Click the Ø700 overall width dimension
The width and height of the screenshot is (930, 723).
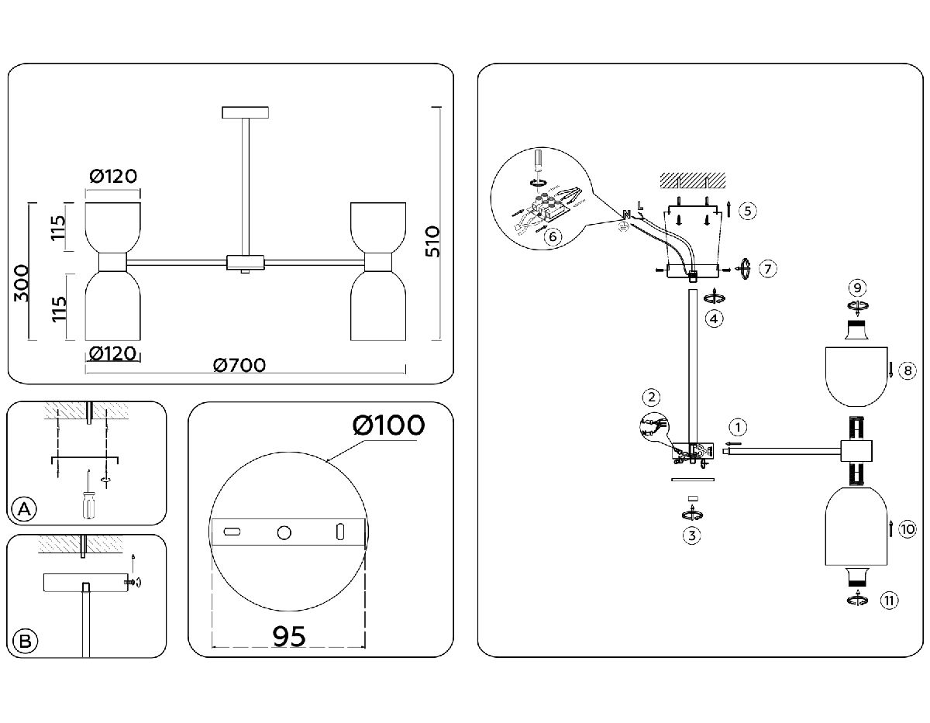(239, 365)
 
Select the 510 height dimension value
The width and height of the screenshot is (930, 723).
(432, 241)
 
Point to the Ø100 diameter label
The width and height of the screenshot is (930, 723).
(388, 425)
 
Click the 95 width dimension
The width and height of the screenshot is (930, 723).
(289, 636)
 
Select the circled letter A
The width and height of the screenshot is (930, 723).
(25, 509)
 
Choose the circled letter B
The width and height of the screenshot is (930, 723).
(25, 641)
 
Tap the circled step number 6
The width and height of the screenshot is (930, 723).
(552, 236)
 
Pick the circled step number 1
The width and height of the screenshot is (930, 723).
(739, 426)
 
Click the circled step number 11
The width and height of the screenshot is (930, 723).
(889, 599)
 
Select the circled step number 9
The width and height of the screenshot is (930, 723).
(856, 288)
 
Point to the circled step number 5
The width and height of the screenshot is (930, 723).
(747, 210)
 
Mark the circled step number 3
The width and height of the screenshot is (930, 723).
(692, 535)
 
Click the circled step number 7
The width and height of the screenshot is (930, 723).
(767, 268)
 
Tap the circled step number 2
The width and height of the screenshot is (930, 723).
(652, 398)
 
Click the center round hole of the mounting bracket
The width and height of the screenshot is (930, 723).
(284, 532)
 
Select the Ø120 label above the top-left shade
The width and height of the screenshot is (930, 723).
(113, 177)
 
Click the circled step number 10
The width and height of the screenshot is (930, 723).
(908, 529)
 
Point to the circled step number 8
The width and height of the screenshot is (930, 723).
(908, 371)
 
